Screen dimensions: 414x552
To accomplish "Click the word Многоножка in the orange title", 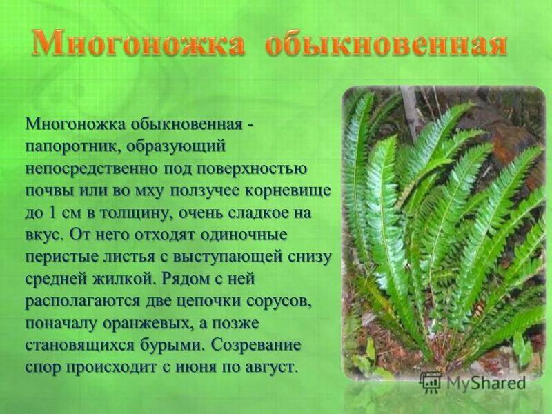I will click(x=138, y=45).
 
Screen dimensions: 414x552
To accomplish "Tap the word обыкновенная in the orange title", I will click(x=386, y=45).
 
